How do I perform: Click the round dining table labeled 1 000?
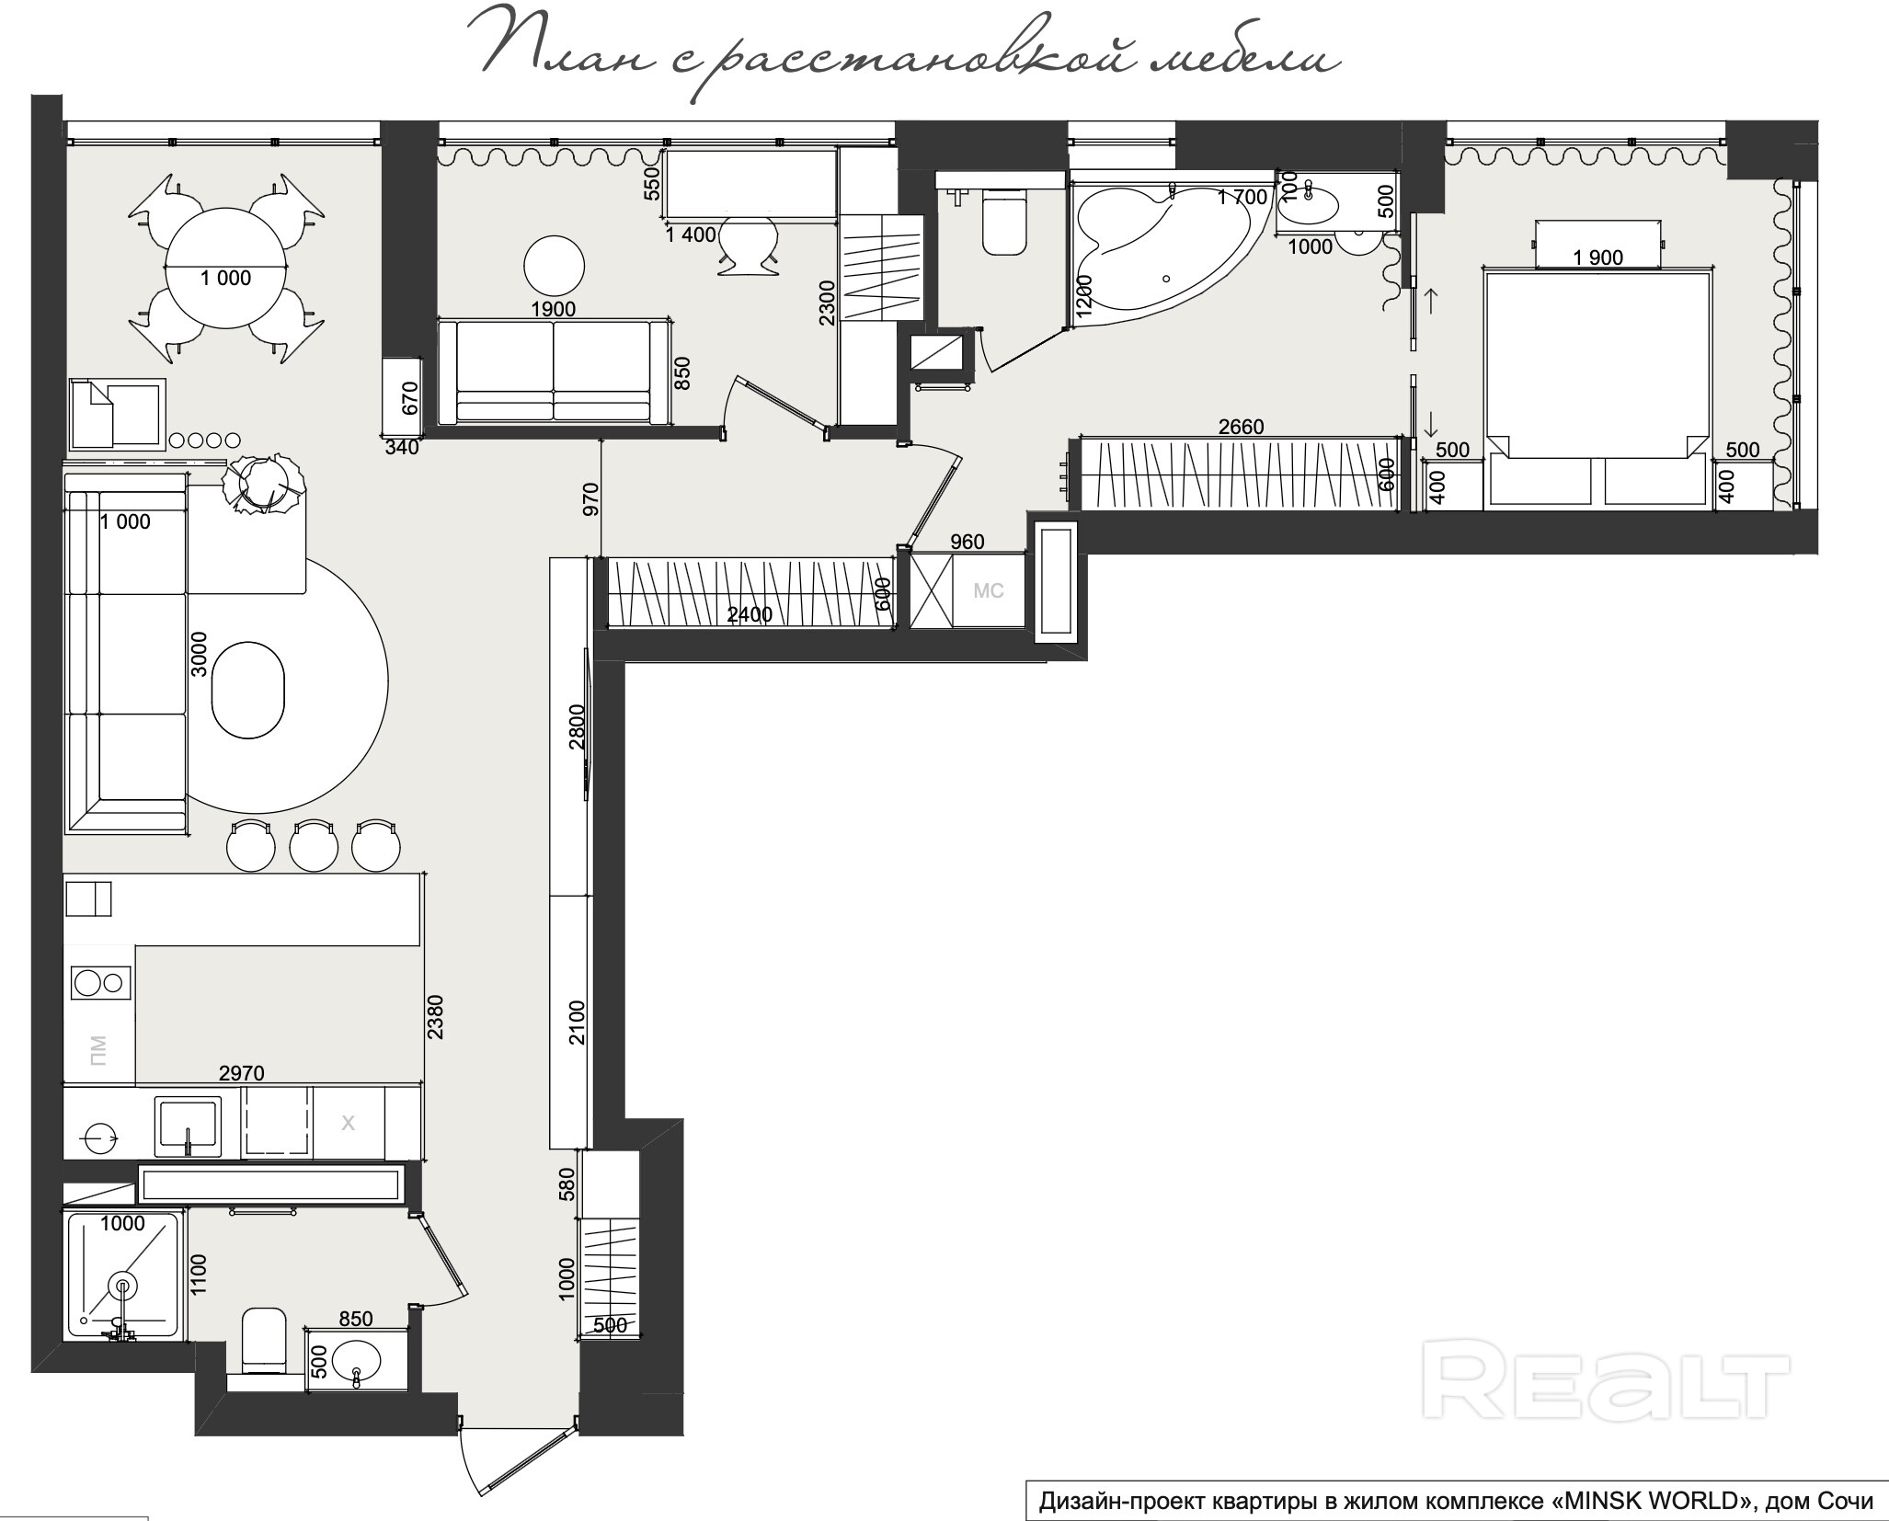225,268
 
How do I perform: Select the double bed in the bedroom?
1597,386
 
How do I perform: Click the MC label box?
989,590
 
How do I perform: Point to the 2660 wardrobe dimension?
1241,427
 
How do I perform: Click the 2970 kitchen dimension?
242,1072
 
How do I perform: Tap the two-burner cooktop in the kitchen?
100,983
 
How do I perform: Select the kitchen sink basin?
188,1125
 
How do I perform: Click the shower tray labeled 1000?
123,1275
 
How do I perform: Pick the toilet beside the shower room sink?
264,1340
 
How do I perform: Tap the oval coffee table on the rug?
248,689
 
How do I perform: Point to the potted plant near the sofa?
264,483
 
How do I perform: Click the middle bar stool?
314,845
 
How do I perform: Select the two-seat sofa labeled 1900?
554,372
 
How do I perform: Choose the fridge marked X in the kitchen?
349,1123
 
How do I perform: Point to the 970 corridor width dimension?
590,498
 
